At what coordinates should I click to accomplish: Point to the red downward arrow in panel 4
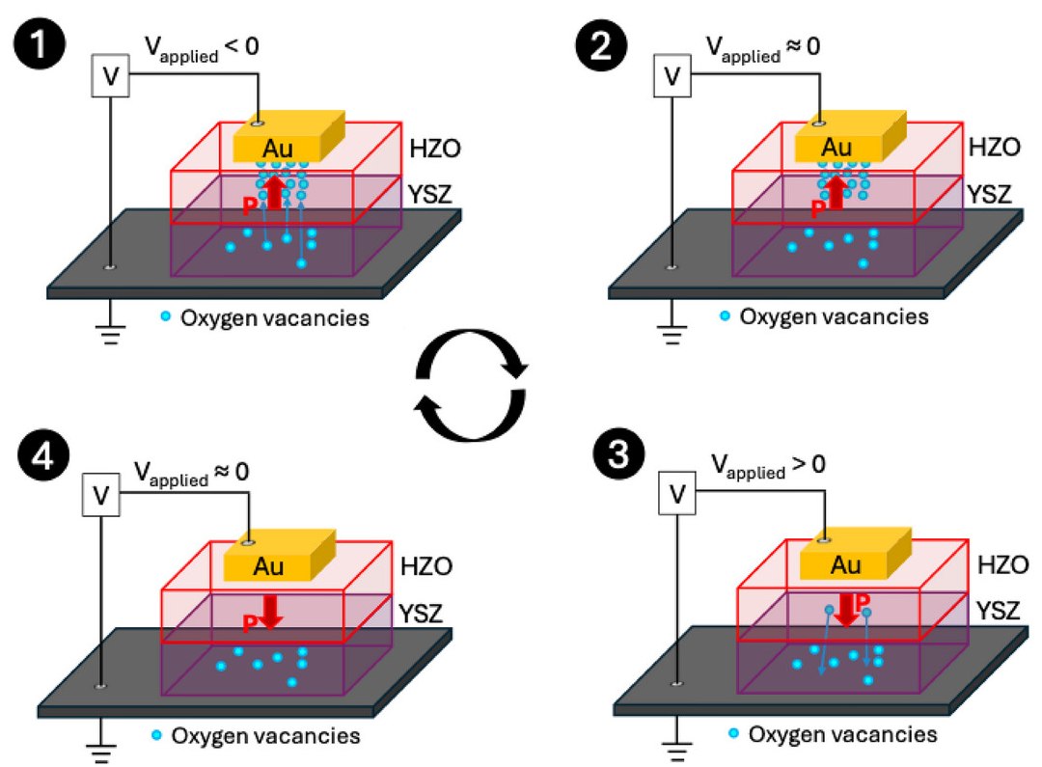click(x=270, y=611)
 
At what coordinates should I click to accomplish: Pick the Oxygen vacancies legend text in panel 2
click(x=833, y=316)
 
